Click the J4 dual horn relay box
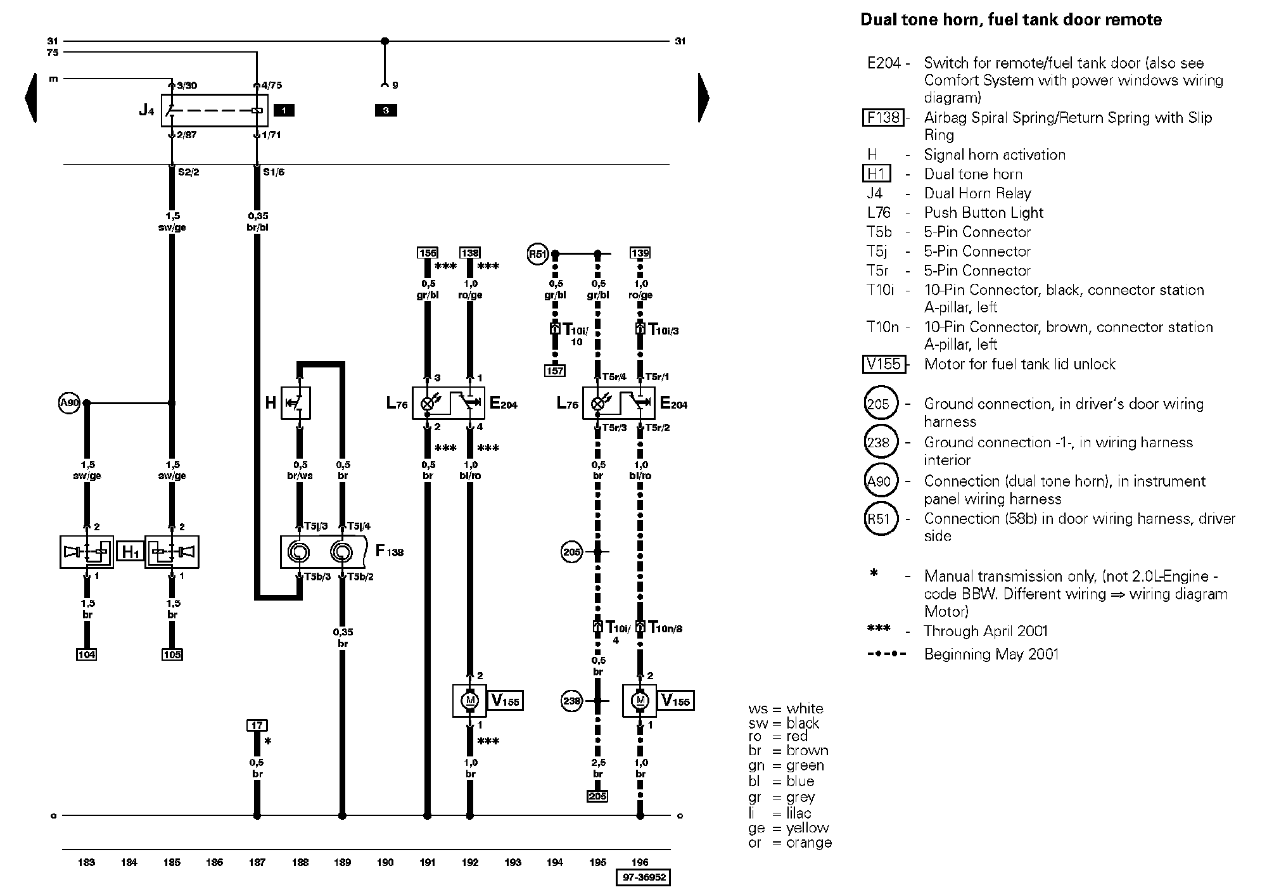point(214,111)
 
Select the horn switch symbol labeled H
point(296,403)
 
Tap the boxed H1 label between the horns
point(130,552)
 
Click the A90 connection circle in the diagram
point(68,403)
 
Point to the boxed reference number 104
point(86,654)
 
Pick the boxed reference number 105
point(172,654)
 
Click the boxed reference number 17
point(257,725)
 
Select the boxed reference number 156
point(428,253)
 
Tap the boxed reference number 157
point(555,371)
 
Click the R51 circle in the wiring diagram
point(537,255)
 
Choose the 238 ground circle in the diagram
point(571,701)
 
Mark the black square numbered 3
point(385,110)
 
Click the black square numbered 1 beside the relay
point(284,110)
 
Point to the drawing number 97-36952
point(642,877)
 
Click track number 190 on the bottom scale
point(385,862)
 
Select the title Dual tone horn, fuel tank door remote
point(1010,20)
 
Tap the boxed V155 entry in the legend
point(884,364)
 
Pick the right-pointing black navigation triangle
point(703,98)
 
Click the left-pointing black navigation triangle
point(30,98)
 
